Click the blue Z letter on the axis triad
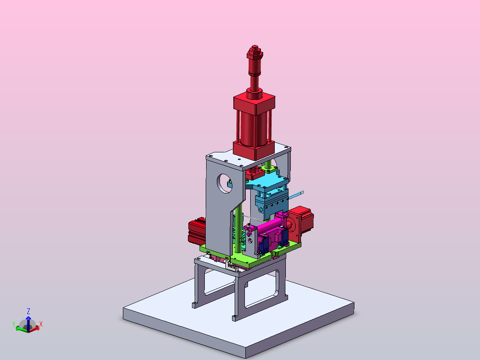tap(28, 311)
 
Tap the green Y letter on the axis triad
tap(14, 324)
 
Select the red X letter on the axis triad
tap(41, 324)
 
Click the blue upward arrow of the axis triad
tap(28, 323)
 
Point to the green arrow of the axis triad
tap(21, 329)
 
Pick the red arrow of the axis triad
tap(34, 329)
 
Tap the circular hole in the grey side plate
tap(225, 184)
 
